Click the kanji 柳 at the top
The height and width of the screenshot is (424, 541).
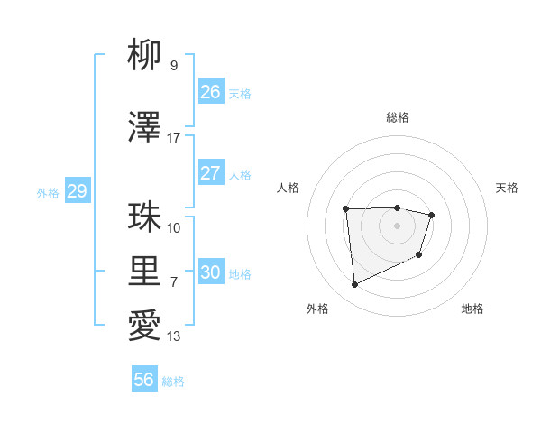click(x=144, y=56)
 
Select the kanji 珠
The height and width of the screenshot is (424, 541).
click(x=144, y=217)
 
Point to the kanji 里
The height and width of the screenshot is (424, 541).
click(x=144, y=271)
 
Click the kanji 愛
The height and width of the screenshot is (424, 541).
click(x=144, y=326)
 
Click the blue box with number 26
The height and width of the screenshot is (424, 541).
click(x=211, y=91)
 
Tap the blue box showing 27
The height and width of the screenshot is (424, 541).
click(x=211, y=173)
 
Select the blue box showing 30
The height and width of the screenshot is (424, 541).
click(x=211, y=272)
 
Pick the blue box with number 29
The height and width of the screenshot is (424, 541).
click(x=77, y=191)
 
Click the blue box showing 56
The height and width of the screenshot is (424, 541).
click(x=144, y=380)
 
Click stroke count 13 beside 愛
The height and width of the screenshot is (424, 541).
click(x=173, y=336)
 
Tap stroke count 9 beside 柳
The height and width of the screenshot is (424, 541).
click(x=173, y=65)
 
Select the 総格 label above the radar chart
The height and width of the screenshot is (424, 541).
click(x=397, y=117)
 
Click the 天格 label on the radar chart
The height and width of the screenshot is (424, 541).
click(x=507, y=188)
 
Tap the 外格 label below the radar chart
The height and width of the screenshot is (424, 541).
click(x=317, y=309)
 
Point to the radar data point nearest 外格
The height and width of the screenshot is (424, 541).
click(x=354, y=285)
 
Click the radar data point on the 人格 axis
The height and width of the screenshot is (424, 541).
click(x=345, y=209)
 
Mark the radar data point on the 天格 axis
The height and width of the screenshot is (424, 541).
click(x=432, y=215)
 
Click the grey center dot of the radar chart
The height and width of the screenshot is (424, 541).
click(x=397, y=226)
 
